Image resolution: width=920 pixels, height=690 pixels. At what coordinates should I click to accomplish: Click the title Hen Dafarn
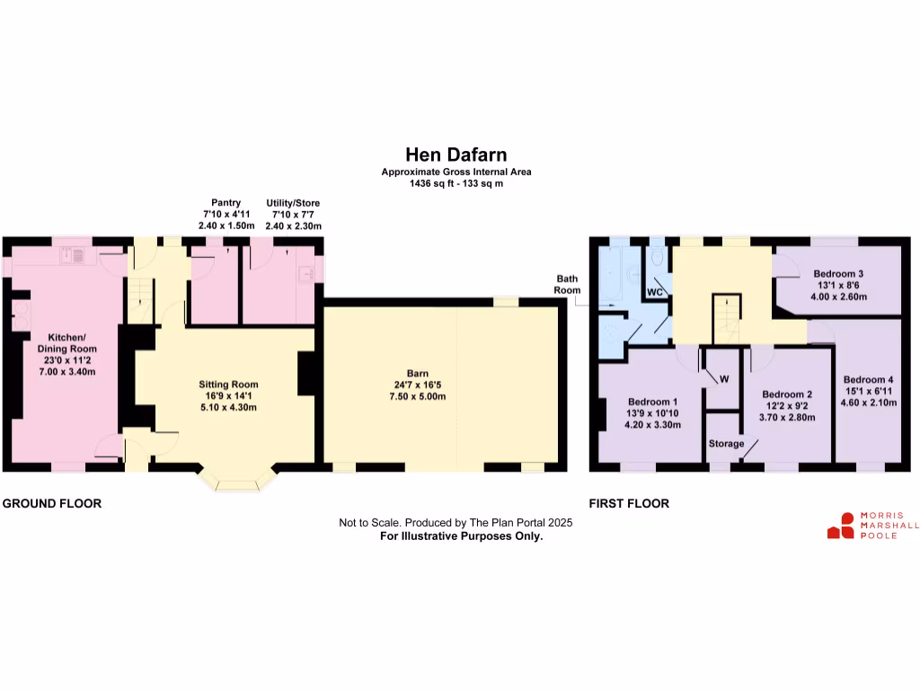pos(456,155)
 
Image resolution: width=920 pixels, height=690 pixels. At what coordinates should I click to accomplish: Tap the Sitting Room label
pos(228,384)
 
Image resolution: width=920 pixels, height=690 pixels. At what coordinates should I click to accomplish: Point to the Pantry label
pos(226,203)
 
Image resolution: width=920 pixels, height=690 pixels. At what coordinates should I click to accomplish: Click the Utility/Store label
pos(293,203)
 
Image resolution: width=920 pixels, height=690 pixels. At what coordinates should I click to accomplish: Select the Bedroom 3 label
pos(838,273)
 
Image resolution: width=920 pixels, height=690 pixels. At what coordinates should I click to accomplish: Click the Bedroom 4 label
pos(869,379)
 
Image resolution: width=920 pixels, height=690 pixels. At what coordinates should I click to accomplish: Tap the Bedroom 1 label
pos(652,402)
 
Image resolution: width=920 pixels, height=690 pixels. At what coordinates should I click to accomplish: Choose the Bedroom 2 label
pos(787,394)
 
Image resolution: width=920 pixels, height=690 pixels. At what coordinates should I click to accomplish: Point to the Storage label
pos(726,444)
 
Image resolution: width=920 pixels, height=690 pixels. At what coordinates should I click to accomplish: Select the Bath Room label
pos(567,285)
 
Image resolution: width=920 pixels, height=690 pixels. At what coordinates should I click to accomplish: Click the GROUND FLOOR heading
pos(52,504)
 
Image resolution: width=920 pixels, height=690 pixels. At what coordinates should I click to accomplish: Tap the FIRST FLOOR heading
pos(629,504)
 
